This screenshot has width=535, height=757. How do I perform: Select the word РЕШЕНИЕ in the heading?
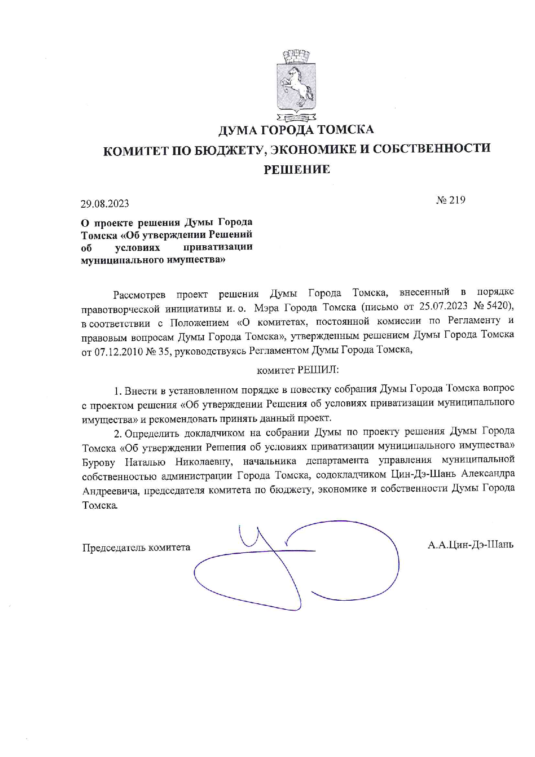click(x=297, y=169)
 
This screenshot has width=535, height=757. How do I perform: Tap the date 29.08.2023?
click(x=105, y=203)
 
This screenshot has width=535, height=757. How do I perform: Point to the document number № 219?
click(x=450, y=200)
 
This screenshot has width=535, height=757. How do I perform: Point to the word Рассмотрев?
click(x=139, y=295)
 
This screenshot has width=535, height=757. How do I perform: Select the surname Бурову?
click(x=99, y=462)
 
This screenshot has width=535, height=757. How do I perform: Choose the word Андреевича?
click(x=111, y=491)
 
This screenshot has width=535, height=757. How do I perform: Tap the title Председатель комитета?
click(x=136, y=548)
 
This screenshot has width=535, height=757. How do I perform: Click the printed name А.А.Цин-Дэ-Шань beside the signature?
click(x=470, y=545)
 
